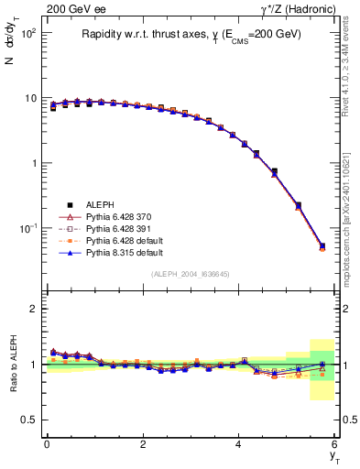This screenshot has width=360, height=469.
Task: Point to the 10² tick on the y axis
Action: [29, 33]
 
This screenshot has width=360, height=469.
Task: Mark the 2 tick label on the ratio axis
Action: [33, 309]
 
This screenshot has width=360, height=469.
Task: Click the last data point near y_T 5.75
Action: [322, 245]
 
